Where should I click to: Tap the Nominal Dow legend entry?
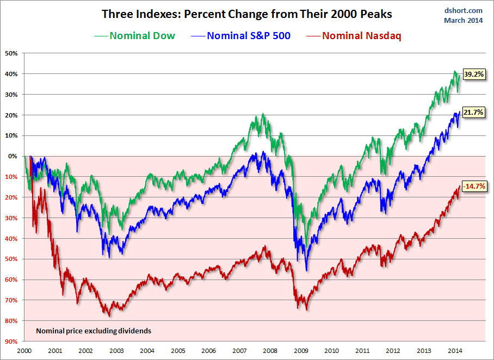click(x=135, y=36)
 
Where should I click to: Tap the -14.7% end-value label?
click(x=473, y=186)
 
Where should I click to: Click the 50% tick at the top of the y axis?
click(x=11, y=53)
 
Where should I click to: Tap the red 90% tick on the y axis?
click(x=11, y=341)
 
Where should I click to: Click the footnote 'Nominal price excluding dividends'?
click(x=94, y=330)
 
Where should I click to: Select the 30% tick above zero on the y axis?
click(x=11, y=95)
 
